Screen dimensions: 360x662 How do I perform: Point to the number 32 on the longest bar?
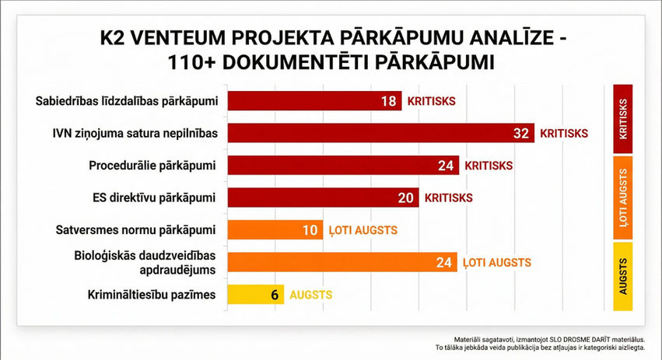[x=521, y=133]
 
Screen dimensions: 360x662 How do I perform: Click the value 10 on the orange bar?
[x=310, y=229]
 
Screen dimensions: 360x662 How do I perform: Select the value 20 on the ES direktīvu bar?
[x=405, y=197]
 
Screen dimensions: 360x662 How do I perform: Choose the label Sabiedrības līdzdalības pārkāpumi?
[x=127, y=101]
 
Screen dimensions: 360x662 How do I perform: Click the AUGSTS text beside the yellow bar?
[x=310, y=295]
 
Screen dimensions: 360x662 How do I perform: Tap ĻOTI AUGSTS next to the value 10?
[x=363, y=229]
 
